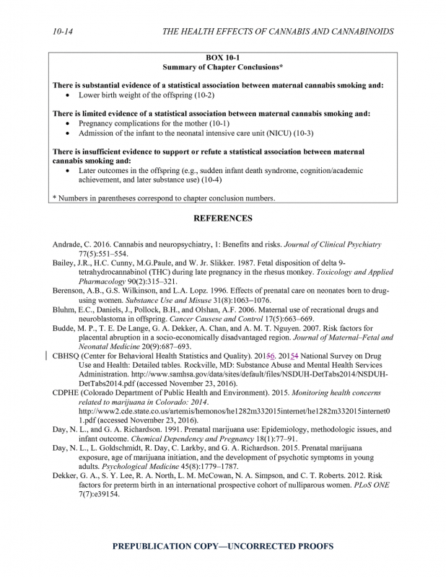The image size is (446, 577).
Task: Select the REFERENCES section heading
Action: pyautogui.click(x=222, y=218)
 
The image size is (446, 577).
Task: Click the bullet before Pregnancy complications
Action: pyautogui.click(x=67, y=124)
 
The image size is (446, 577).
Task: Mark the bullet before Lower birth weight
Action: pyautogui.click(x=67, y=95)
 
